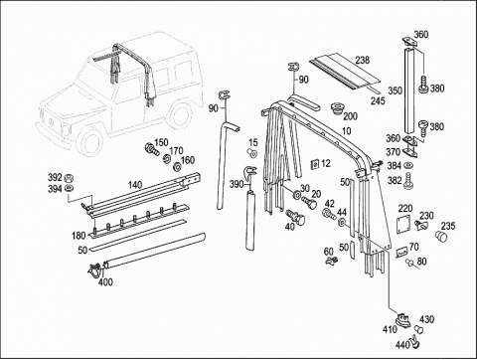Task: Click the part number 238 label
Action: coord(363,60)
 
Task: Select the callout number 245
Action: coord(378,100)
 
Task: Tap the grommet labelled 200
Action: coord(338,108)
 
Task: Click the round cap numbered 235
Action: coord(441,238)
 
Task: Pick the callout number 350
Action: coord(396,90)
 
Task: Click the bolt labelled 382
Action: coord(408,181)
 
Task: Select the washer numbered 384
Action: coord(408,165)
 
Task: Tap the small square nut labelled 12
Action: coord(314,164)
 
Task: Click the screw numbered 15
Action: coord(252,153)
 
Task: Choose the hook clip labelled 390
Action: coord(249,173)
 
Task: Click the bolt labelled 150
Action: coord(151,148)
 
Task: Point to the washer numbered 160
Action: coord(177,166)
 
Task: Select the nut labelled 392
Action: coord(70,178)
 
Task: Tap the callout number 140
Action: coord(135,185)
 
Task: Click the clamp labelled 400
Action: coord(96,269)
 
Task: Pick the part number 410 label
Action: coord(390,329)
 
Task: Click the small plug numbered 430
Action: coord(419,330)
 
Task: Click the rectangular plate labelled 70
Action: coord(402,253)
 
